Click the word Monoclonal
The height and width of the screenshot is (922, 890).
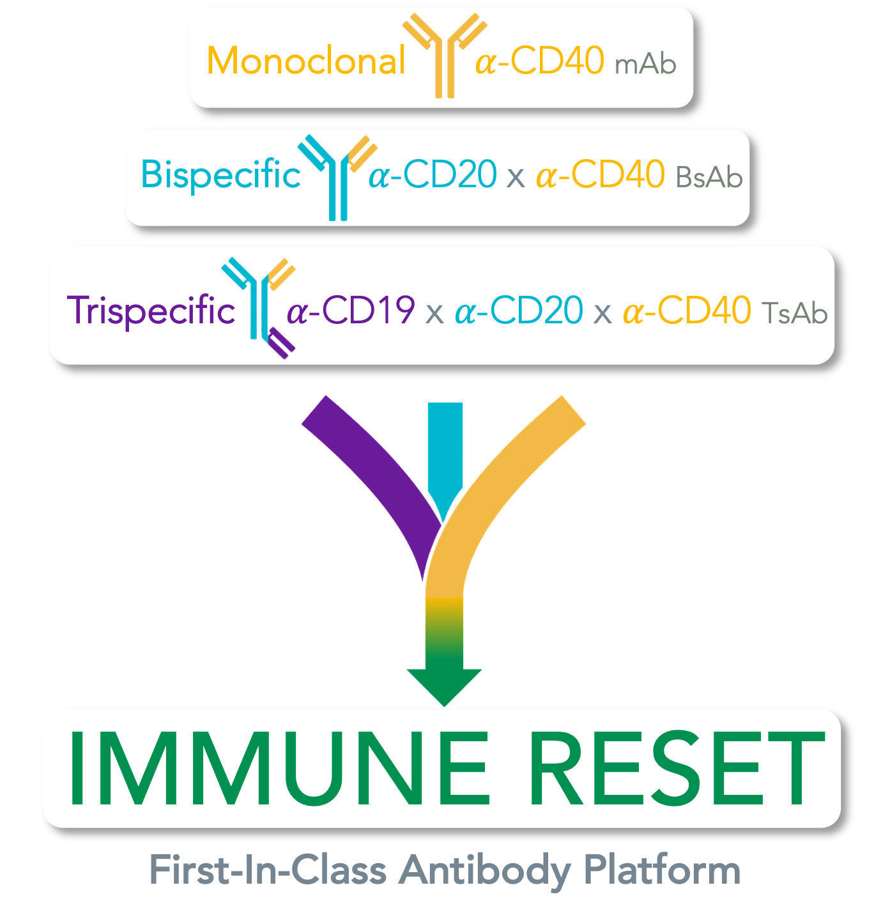[x=306, y=61]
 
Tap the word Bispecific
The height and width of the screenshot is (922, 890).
[x=220, y=174]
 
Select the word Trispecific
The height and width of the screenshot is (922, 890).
[x=151, y=311]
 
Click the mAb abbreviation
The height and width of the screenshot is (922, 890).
[x=645, y=65]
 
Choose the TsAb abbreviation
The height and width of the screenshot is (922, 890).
[x=795, y=313]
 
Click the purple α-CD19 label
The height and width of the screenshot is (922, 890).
[x=351, y=311]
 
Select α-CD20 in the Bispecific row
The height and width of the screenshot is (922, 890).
[x=433, y=174]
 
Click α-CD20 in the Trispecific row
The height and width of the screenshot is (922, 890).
[x=519, y=311]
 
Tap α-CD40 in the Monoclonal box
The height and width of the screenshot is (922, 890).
[x=540, y=61]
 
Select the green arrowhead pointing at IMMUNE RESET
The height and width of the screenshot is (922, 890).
[x=445, y=684]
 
